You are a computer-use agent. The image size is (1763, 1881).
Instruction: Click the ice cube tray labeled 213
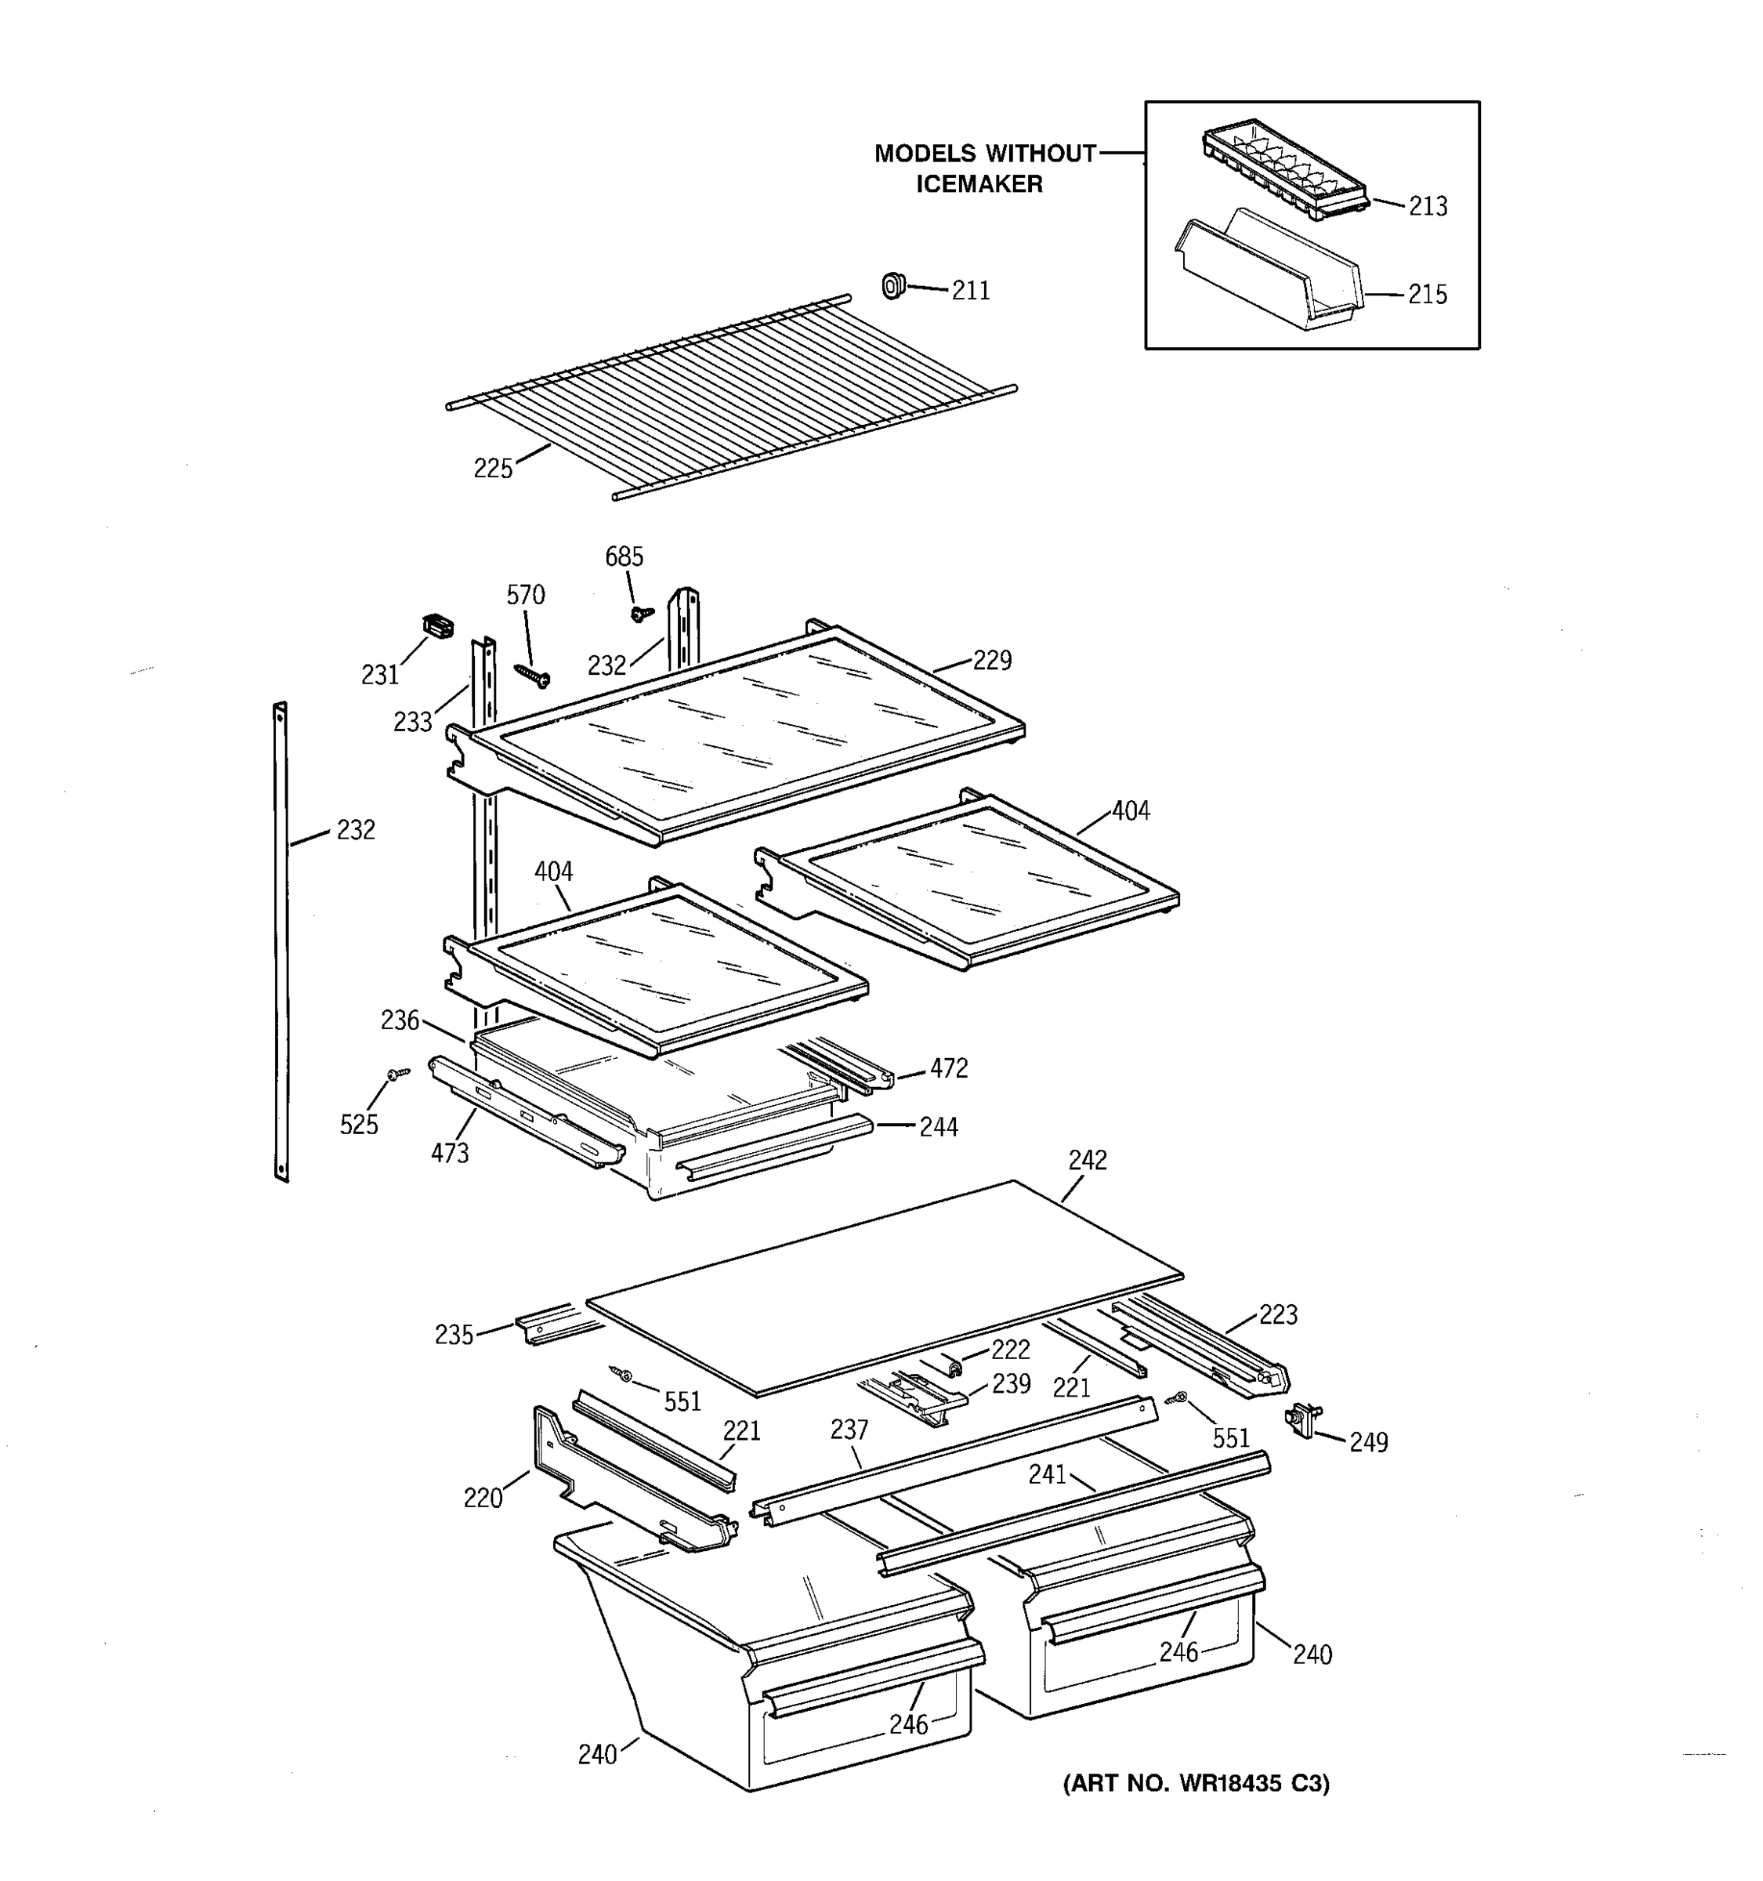[x=1283, y=169]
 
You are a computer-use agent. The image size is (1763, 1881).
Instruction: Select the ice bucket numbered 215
[x=1267, y=274]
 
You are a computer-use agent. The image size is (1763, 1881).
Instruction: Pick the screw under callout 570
[x=533, y=674]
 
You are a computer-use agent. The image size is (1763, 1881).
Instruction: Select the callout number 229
[x=991, y=661]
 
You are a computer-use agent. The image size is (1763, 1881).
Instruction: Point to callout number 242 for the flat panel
[x=1087, y=1160]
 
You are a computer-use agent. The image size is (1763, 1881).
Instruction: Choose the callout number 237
[x=849, y=1430]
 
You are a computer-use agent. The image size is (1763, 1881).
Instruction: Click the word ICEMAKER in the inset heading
[x=979, y=184]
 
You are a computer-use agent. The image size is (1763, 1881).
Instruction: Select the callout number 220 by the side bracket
[x=483, y=1498]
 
